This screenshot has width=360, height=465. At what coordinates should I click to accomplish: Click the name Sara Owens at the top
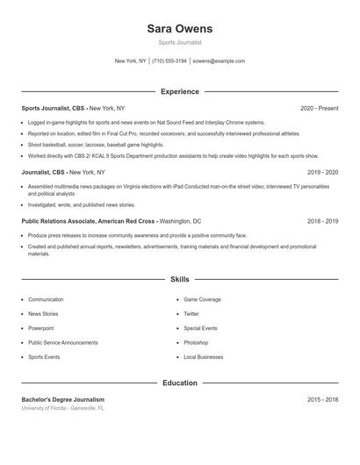[179, 28]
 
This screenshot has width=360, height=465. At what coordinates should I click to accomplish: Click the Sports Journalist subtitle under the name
[179, 42]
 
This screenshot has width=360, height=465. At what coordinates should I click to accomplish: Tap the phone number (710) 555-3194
[169, 61]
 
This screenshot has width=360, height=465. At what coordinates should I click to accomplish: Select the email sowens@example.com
[219, 61]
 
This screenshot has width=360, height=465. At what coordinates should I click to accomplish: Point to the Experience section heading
[179, 91]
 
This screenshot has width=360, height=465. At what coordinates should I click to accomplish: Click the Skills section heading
[179, 279]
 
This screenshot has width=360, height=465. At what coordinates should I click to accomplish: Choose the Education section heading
[179, 383]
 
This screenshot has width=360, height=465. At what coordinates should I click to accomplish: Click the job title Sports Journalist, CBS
[54, 108]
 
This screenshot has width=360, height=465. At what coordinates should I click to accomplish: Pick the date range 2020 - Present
[319, 108]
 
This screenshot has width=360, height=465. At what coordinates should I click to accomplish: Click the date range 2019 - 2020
[322, 173]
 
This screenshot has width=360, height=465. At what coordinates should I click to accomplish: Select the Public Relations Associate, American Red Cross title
[89, 222]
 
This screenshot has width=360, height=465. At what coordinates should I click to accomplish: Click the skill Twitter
[191, 314]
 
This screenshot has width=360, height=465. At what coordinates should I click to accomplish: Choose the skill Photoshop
[196, 343]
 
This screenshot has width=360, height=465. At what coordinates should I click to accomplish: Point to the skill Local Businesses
[204, 357]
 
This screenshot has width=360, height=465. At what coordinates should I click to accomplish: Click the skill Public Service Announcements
[63, 343]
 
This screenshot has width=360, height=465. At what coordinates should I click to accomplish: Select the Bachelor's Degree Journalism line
[63, 399]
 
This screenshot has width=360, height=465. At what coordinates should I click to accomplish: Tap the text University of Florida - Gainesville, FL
[63, 408]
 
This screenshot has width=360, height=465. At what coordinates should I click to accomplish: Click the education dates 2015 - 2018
[322, 399]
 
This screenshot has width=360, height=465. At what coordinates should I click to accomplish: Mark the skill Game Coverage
[203, 300]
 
